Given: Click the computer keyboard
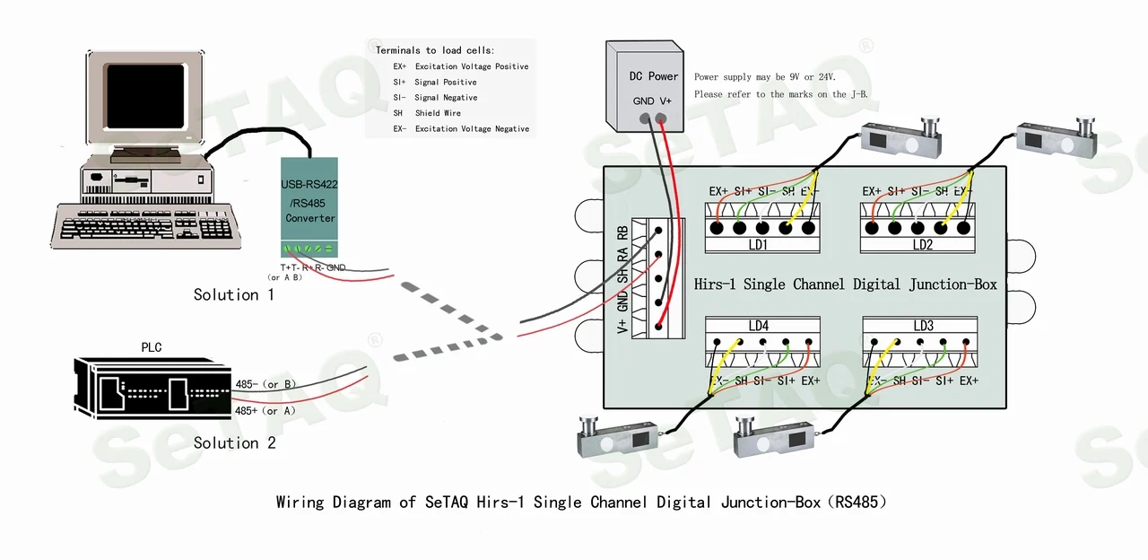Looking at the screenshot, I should point(145,223).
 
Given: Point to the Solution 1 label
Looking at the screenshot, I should point(234,295).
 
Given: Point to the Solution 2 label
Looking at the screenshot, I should point(234,443).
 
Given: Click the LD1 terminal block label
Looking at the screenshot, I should point(758,245).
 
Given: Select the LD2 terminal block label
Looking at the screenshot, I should point(923,245).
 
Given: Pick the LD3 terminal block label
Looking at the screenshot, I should point(923,326).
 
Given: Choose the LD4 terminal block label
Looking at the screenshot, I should point(758,326).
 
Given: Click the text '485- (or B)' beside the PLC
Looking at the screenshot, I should point(266,384).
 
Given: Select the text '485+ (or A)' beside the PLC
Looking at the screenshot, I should point(266,411).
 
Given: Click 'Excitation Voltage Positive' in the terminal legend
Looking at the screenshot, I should point(472,66).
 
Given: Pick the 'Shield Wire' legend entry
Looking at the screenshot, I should point(438,113).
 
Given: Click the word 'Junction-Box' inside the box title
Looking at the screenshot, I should point(952,284).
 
